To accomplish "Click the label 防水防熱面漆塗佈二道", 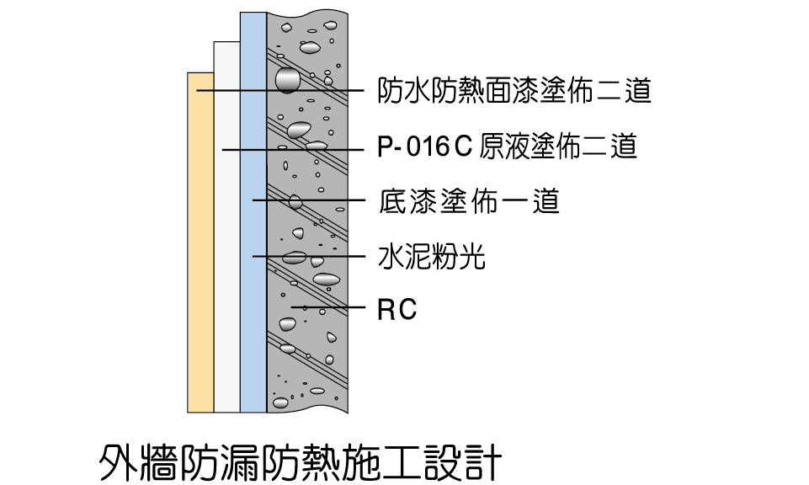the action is click(514, 90).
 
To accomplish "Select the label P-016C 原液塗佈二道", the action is click(507, 146).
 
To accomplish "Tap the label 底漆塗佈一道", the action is click(469, 201).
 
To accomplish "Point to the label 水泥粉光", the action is click(432, 257).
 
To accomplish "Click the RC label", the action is click(397, 310).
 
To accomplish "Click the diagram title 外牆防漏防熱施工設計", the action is click(301, 461).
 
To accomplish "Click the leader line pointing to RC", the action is click(328, 307).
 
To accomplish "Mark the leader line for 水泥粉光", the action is click(309, 256).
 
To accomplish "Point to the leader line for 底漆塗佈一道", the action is click(309, 200).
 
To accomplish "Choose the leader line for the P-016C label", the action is click(294, 150).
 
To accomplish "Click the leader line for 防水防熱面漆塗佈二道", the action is click(280, 90).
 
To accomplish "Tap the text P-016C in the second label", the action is click(425, 146).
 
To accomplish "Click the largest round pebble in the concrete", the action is click(287, 80).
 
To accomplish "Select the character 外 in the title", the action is click(118, 461).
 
